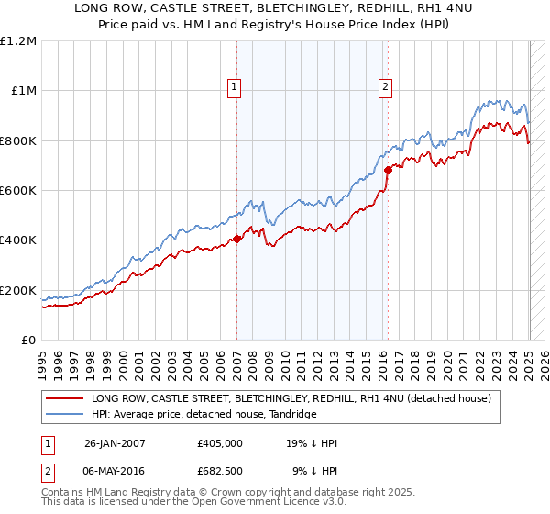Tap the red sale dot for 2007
tap(237, 239)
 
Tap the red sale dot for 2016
tap(388, 170)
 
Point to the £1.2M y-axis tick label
tap(18, 41)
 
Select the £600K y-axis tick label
tap(18, 191)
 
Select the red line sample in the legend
tap(64, 398)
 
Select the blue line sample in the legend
tap(64, 415)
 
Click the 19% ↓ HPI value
tap(312, 444)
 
